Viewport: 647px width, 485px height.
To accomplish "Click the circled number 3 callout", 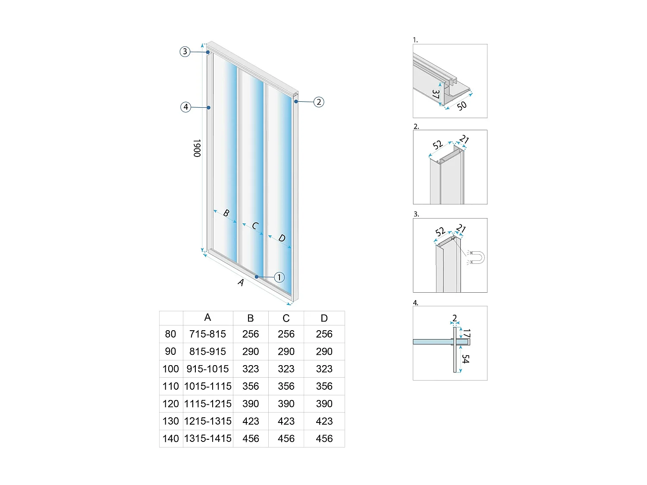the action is tap(185, 52).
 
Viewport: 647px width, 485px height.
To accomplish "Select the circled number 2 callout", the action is tap(318, 102).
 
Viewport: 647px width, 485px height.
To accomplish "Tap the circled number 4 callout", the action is tap(186, 107).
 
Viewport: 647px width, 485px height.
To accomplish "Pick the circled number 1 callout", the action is tap(279, 277).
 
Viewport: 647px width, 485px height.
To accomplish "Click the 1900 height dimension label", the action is tap(197, 148).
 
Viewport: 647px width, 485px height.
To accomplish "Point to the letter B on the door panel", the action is tap(226, 213).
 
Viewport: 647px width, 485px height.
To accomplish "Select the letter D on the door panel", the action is tap(282, 238).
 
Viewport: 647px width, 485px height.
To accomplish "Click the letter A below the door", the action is tap(241, 282).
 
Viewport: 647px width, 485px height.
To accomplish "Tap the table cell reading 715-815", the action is tap(207, 334).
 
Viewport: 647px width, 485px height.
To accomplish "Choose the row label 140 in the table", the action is tap(171, 438).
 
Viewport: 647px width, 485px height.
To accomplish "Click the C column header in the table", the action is tap(286, 318).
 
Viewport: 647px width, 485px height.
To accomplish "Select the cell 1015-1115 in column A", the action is tap(208, 386).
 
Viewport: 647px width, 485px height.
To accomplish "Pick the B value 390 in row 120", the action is tap(251, 404).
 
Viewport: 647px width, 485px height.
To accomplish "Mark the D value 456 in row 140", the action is tap(324, 438).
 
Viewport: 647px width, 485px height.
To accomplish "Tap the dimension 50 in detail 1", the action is tap(462, 106).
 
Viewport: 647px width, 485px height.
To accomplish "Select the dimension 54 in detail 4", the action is tap(465, 359).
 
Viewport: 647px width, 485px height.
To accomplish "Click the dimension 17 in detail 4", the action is tap(467, 333).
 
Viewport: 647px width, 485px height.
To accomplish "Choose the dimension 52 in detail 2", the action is tap(438, 144).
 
